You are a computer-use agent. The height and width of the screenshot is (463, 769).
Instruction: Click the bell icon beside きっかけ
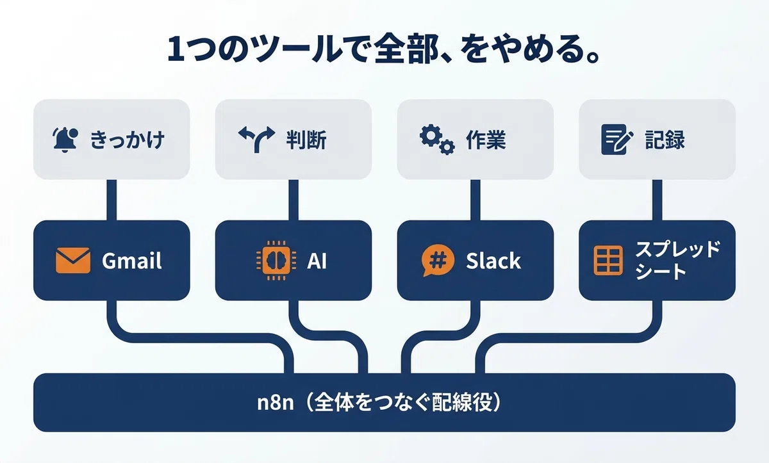[65, 140]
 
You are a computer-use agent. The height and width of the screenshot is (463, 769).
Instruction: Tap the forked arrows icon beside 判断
[256, 139]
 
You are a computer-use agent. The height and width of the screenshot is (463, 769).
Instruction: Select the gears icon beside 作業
[437, 140]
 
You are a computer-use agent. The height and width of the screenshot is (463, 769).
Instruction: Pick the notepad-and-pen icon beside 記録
[617, 139]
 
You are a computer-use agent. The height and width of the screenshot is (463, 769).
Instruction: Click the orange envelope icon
[73, 260]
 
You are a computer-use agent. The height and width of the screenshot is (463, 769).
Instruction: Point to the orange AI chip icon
[276, 261]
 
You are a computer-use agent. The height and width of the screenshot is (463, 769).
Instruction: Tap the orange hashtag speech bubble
[438, 260]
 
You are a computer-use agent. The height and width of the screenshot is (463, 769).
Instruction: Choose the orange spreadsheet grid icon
[608, 260]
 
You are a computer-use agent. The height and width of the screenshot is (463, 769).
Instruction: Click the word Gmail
[132, 261]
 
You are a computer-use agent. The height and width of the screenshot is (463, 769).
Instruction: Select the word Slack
[493, 261]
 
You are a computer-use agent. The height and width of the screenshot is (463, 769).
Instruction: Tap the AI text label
[317, 261]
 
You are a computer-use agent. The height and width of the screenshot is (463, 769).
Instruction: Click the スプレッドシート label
[677, 260]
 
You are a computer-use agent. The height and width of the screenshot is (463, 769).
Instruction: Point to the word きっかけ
[127, 140]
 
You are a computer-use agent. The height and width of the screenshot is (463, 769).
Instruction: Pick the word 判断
[306, 140]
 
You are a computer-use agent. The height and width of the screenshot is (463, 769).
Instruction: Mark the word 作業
[486, 140]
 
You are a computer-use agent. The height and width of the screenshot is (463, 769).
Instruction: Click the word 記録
[665, 140]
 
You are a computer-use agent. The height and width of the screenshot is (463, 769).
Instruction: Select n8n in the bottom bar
[276, 403]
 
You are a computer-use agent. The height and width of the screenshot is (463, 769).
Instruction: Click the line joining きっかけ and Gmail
[112, 200]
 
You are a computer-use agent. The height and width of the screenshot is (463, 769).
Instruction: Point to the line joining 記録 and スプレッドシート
[657, 200]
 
